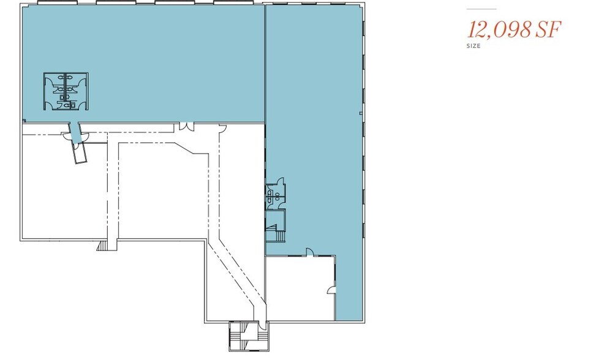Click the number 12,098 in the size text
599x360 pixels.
click(499, 30)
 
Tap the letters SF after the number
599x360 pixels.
click(548, 30)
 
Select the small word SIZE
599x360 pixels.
click(473, 46)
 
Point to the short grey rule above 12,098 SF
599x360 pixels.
click(481, 9)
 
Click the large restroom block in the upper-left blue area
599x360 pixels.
click(66, 92)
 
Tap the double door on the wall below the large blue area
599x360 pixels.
click(184, 126)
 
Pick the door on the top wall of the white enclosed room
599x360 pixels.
click(309, 252)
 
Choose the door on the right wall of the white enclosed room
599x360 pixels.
click(331, 290)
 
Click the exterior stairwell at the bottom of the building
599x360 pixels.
click(249, 336)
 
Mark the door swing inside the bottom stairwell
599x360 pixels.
click(262, 325)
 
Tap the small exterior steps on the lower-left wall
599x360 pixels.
click(102, 246)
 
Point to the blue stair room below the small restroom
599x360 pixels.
click(276, 226)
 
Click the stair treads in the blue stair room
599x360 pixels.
click(279, 236)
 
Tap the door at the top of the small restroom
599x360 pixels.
click(281, 181)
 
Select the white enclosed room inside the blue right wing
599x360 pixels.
click(300, 288)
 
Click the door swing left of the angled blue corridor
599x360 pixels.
click(67, 136)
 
